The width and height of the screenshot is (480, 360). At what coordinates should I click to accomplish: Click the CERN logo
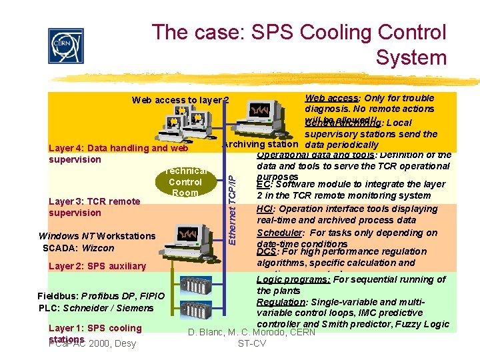point(66,45)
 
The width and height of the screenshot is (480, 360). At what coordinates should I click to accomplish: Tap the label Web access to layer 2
point(180,101)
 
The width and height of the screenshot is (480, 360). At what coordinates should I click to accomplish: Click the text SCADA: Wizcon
point(78,248)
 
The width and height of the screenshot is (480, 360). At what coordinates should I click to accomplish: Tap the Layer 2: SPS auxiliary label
point(97,266)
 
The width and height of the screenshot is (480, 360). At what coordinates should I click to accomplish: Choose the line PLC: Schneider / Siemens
point(96,308)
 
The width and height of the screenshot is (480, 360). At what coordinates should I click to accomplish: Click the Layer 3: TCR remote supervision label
point(94,207)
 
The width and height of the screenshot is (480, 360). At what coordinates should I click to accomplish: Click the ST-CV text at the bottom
point(251,343)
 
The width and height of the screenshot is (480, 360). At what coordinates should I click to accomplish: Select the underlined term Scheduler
point(280,233)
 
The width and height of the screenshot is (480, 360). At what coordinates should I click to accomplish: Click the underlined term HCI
point(265,209)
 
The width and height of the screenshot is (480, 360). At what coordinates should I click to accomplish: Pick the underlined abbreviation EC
point(263,184)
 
